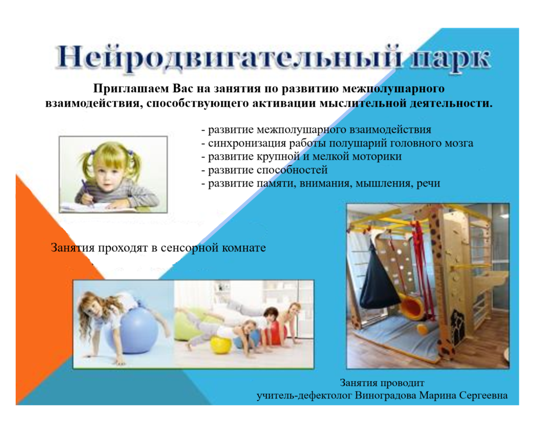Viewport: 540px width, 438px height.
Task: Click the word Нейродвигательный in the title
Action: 229,58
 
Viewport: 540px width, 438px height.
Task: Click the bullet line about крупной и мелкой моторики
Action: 301,157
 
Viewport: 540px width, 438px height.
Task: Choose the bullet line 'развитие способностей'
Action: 264,170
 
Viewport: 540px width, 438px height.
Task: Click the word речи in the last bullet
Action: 428,183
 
